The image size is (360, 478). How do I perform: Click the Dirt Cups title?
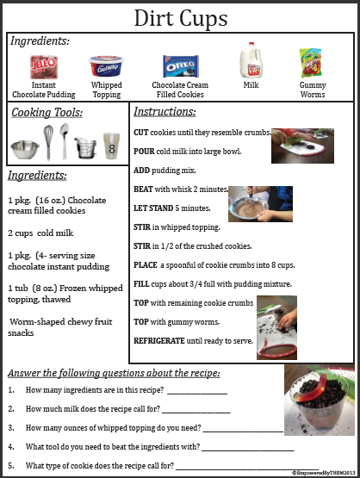point(181,18)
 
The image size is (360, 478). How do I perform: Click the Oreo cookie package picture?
point(180,66)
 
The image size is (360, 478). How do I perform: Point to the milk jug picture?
point(250,62)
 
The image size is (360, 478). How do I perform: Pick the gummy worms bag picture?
point(312,64)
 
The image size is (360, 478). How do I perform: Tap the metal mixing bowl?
point(25,150)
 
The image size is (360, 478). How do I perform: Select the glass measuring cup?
point(85,147)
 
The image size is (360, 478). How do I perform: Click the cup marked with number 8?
point(111,146)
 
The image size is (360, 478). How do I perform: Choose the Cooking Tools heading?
point(47,113)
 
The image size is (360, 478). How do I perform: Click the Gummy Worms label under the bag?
point(313,90)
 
